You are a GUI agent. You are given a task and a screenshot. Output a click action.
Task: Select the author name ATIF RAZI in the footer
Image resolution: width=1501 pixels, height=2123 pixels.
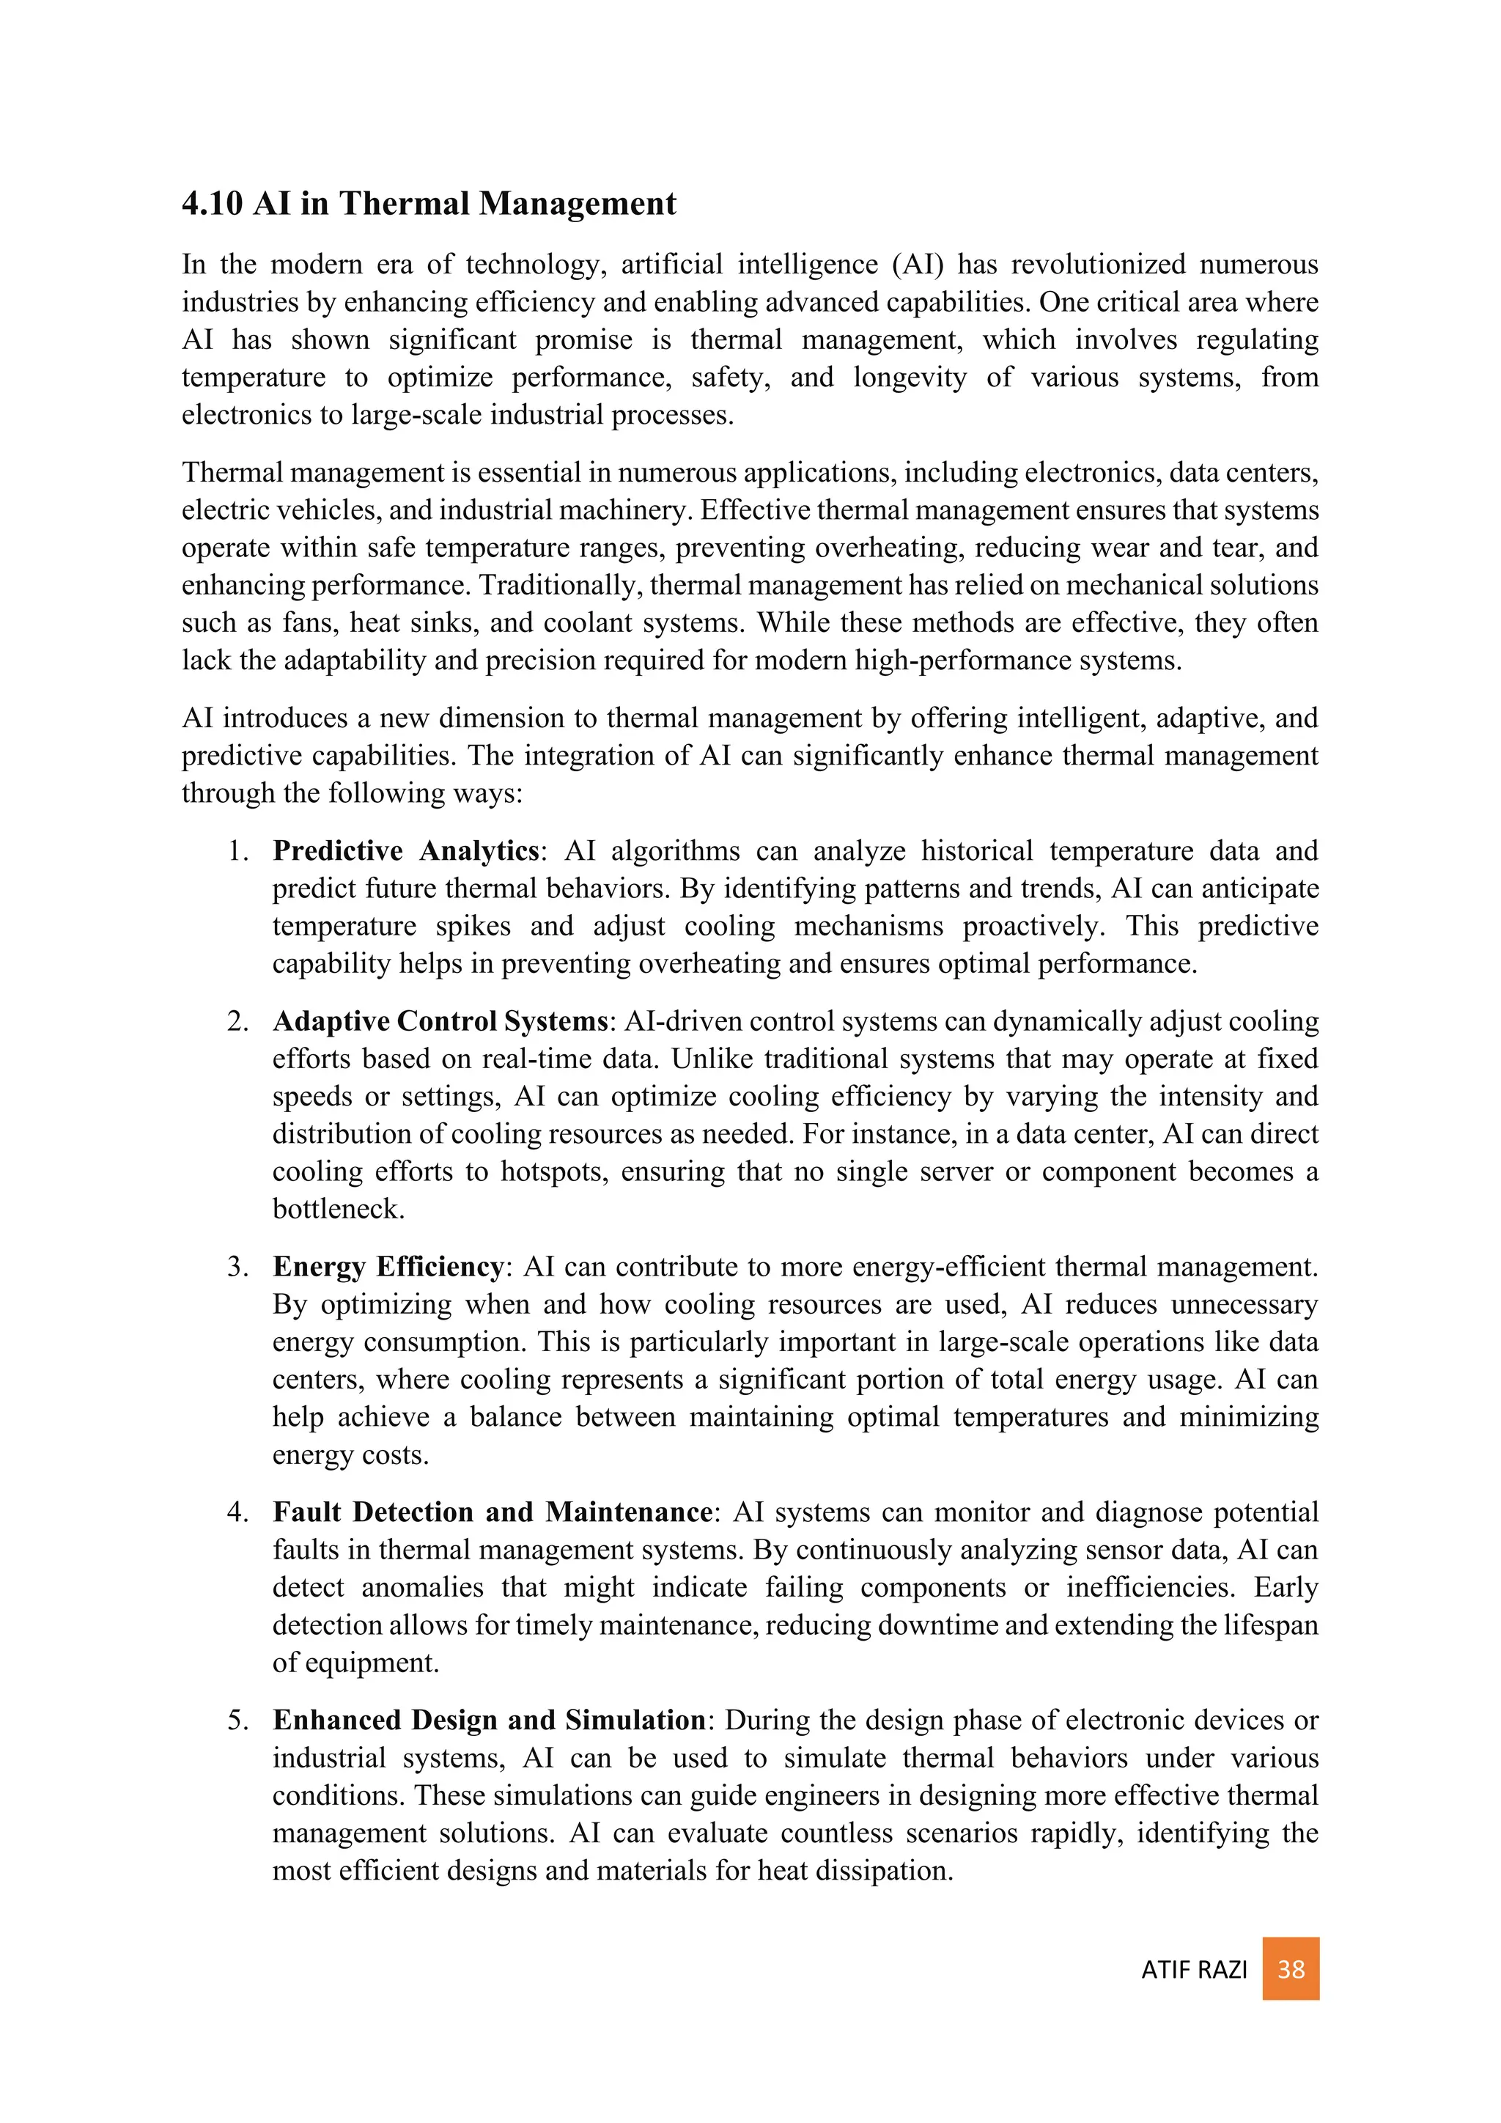[1193, 1971]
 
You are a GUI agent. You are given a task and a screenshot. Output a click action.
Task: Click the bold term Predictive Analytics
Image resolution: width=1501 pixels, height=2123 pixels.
[406, 850]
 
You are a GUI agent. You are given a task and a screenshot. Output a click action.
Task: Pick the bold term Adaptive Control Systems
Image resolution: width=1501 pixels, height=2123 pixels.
[440, 1022]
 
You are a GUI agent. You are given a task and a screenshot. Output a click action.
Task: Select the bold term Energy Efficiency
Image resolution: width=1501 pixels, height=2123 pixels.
[388, 1267]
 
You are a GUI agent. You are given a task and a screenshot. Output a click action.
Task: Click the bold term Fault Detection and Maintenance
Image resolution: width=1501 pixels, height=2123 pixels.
[492, 1512]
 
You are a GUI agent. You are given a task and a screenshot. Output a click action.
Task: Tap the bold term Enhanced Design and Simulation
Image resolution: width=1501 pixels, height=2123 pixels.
[489, 1720]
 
